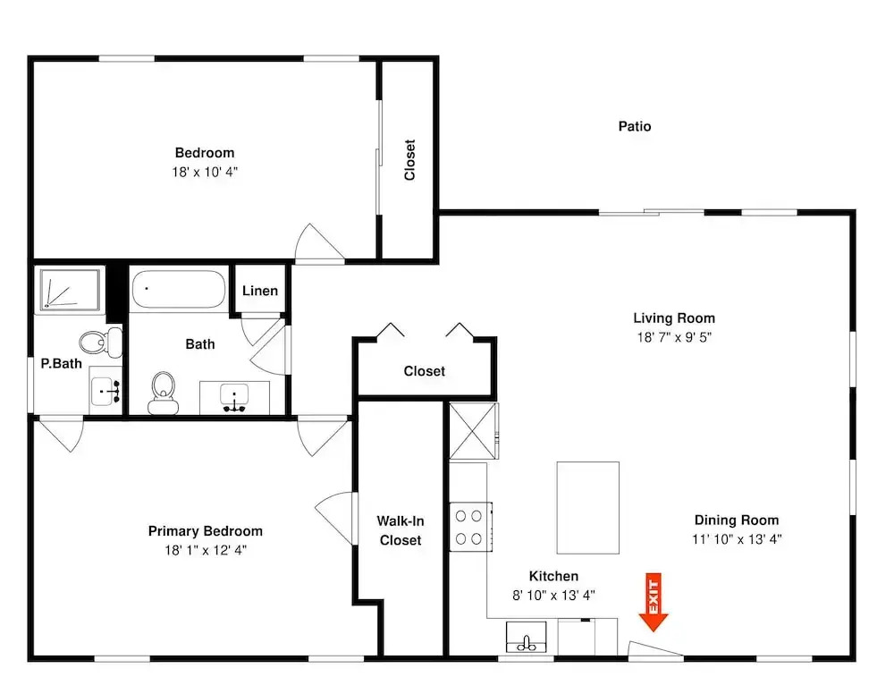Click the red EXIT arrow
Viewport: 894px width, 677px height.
coord(654,602)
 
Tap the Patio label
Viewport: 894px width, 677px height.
coord(635,126)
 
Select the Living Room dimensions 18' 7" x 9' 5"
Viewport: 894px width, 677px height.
coord(674,337)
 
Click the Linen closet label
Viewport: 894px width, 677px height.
coord(260,291)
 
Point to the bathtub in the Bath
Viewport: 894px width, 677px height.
coord(179,289)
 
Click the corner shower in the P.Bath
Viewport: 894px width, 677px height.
coord(70,290)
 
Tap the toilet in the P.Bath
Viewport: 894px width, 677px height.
coord(100,343)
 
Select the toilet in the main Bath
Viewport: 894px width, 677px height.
coord(164,393)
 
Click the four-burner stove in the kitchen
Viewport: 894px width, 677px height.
coord(470,527)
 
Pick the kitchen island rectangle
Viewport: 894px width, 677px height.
coord(588,508)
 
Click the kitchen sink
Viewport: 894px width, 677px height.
coord(527,637)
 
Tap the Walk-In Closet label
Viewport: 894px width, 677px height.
coord(401,530)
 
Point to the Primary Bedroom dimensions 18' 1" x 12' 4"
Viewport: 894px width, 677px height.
coord(206,550)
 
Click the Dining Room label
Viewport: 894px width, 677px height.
coord(737,520)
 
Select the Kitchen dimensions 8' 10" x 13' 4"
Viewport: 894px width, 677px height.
coord(553,596)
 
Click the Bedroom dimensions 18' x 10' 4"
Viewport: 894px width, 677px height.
coord(205,172)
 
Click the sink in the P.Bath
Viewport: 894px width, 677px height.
coord(105,391)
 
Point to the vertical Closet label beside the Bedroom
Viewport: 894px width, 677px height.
coord(409,160)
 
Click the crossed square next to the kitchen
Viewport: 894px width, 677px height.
coord(473,431)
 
